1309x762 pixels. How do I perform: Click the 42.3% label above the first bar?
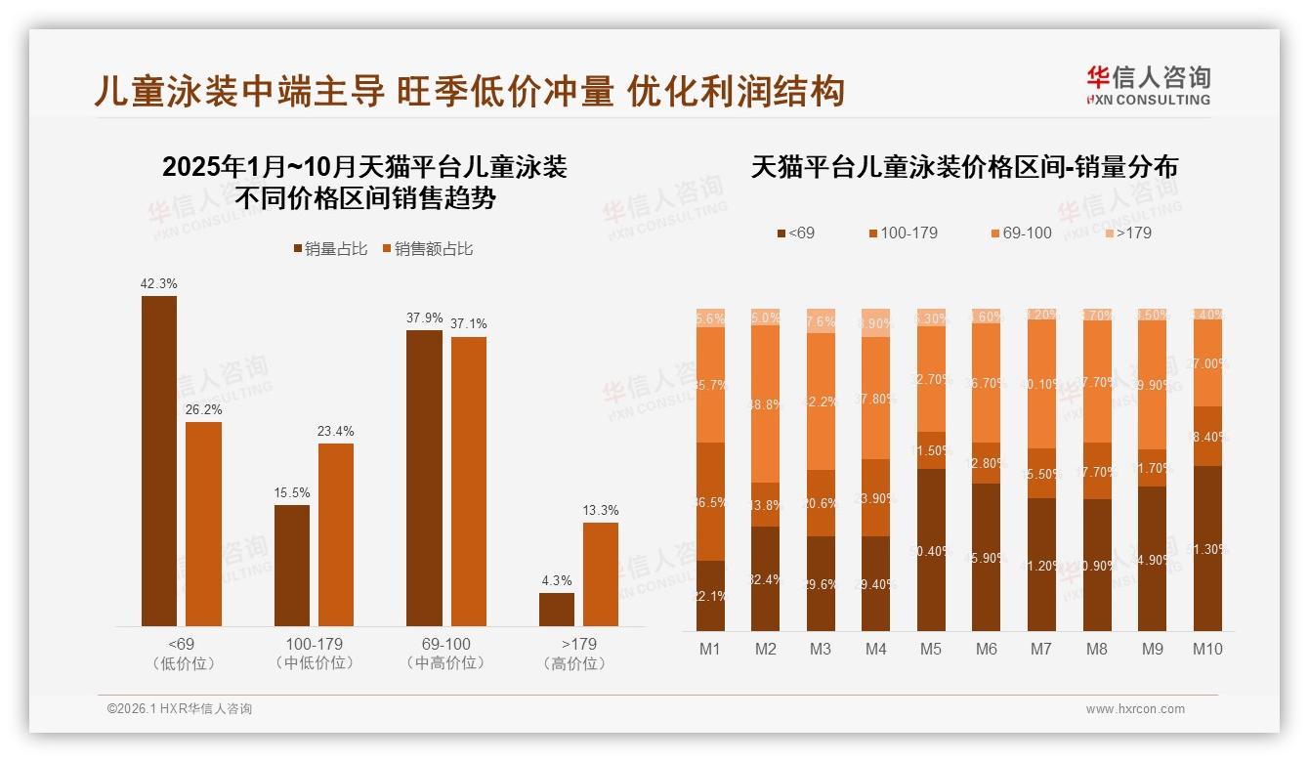[x=158, y=283]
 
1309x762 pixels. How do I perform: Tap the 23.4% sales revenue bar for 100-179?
[x=336, y=534]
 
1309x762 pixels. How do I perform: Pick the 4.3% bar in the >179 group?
[x=557, y=610]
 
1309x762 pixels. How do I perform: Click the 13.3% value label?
[x=601, y=510]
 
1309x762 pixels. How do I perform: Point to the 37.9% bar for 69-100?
[x=424, y=478]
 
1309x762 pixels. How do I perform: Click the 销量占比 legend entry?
[x=330, y=249]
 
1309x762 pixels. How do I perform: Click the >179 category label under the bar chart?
[x=578, y=645]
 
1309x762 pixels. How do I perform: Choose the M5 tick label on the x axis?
[x=931, y=649]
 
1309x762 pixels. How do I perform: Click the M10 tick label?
[x=1207, y=649]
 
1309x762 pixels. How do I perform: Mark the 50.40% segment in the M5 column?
[x=931, y=550]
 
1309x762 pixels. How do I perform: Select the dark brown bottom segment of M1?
[x=710, y=596]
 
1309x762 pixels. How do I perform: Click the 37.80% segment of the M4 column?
[x=876, y=399]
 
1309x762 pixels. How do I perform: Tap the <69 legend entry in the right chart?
[x=795, y=233]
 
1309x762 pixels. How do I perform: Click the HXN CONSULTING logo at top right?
[x=1149, y=85]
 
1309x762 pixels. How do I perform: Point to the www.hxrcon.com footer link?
[x=1135, y=709]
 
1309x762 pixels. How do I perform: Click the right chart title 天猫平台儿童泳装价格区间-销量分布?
[x=964, y=167]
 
